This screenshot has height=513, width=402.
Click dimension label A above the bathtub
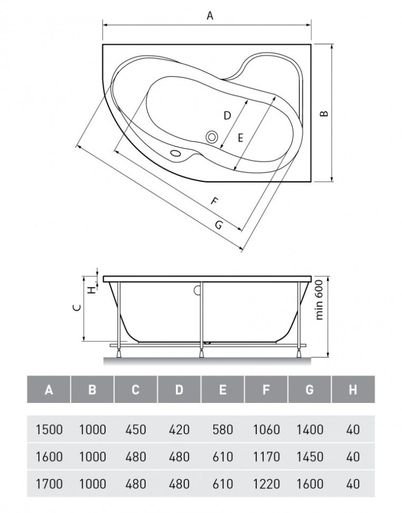[210, 16]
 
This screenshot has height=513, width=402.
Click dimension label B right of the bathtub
[323, 113]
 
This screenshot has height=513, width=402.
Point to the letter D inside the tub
[227, 115]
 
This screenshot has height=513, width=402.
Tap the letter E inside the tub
[240, 137]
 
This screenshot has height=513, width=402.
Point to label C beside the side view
[77, 308]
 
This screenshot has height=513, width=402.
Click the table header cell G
[309, 390]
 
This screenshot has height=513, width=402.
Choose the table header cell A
[49, 390]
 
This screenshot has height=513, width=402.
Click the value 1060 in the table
[266, 429]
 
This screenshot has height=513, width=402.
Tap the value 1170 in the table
[266, 457]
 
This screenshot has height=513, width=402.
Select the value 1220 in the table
[266, 484]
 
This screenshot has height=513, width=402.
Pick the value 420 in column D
[179, 429]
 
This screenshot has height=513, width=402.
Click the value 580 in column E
[222, 429]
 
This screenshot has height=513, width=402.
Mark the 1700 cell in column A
[49, 484]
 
